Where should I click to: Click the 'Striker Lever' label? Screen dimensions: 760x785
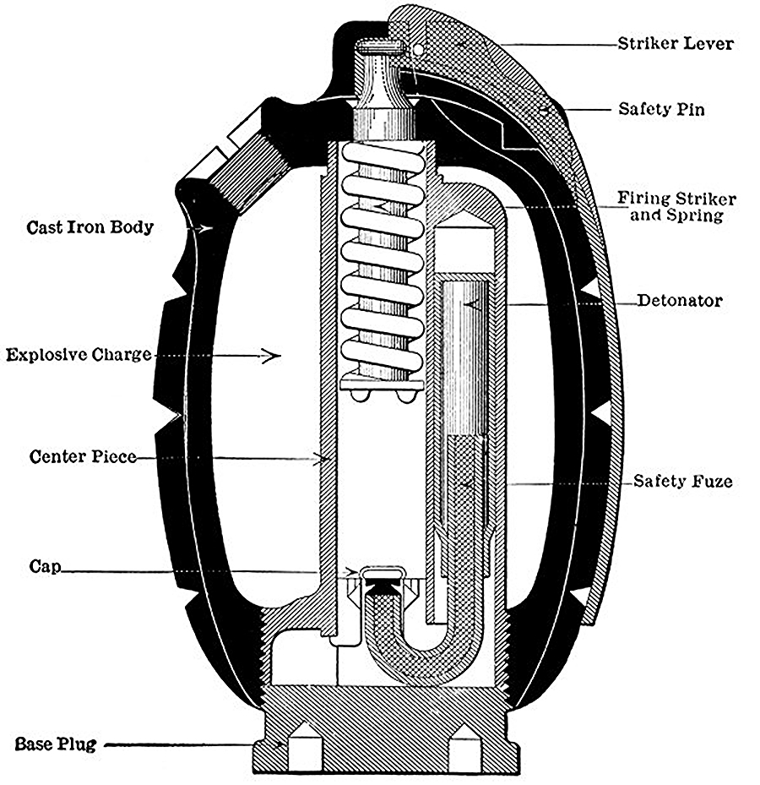point(676,44)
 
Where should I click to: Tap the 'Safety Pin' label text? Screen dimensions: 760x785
point(661,109)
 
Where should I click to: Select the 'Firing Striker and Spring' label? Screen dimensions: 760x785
point(676,206)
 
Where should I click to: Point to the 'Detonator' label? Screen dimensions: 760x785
point(680,300)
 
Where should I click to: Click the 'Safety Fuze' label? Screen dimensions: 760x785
point(683,481)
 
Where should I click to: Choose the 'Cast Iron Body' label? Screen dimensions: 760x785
point(90,227)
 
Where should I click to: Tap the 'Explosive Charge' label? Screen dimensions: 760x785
point(79,355)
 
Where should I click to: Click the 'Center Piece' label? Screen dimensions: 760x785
point(83,456)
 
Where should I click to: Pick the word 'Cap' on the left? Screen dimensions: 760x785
point(45,566)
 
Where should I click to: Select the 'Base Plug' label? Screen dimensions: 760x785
point(56,744)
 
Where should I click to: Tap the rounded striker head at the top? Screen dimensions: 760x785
point(379,46)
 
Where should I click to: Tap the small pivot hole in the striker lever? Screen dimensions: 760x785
point(418,49)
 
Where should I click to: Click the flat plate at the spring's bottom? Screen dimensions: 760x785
point(382,384)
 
